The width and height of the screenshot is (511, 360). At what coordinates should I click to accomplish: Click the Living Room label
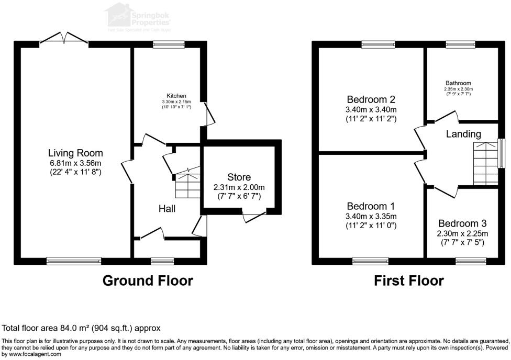[x=75, y=153]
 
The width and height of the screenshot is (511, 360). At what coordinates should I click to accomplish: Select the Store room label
[x=239, y=177]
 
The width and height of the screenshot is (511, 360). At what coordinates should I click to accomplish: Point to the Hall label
[x=166, y=209]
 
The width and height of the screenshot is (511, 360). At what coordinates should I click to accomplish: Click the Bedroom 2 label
[x=371, y=99]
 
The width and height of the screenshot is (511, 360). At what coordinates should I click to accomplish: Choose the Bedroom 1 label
[x=371, y=207]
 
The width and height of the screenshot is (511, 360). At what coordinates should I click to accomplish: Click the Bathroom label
[x=458, y=83]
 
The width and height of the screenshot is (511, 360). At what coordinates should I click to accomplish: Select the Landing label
[x=463, y=134]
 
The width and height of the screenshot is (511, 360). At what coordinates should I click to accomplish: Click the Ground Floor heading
[x=148, y=281]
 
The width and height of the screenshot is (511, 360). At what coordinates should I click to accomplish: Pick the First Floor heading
[x=408, y=281]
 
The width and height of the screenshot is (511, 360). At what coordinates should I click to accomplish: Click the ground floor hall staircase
[x=187, y=184]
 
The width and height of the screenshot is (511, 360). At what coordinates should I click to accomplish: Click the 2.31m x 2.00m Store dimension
[x=239, y=187]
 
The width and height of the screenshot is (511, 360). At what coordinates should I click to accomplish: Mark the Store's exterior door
[x=254, y=216]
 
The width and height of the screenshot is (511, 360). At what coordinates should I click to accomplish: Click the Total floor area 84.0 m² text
[x=81, y=328]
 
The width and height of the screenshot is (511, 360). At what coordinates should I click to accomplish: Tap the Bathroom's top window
[x=460, y=44]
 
